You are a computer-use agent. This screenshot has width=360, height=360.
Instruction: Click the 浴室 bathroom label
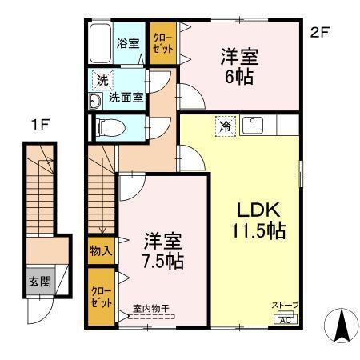[127, 44]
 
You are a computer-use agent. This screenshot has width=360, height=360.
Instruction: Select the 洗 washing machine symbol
[102, 79]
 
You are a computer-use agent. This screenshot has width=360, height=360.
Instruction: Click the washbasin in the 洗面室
[95, 100]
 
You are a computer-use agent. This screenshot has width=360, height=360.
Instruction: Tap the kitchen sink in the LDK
[257, 125]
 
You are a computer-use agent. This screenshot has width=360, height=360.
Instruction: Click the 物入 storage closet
[101, 251]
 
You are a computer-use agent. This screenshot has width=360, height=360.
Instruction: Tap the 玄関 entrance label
[37, 282]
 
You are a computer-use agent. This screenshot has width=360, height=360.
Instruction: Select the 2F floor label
[319, 32]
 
